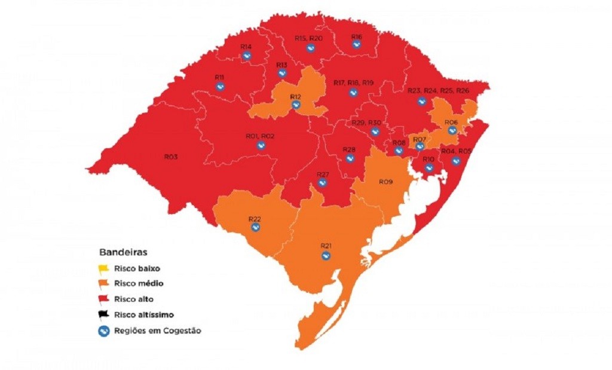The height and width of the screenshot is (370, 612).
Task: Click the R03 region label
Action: coord(170,157)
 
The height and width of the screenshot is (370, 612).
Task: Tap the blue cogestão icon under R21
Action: coord(326,256)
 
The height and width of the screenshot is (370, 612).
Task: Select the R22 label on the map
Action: coord(255,219)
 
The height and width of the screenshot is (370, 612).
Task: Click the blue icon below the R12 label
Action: coord(295,105)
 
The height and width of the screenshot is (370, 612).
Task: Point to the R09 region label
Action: coord(385,181)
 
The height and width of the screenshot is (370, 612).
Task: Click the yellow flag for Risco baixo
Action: coord(103,269)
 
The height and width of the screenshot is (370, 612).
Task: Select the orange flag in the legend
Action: coord(103,284)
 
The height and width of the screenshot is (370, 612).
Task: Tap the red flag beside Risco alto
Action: coord(103,299)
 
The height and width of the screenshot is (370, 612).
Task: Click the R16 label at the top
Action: coord(356,36)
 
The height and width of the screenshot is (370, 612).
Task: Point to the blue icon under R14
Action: coord(246,56)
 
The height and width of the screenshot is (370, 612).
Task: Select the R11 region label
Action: coord(219,78)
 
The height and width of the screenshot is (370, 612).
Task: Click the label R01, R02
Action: coord(260,136)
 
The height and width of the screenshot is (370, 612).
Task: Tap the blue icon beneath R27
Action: coord(322,183)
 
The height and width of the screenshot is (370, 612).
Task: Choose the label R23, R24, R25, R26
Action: coord(439,91)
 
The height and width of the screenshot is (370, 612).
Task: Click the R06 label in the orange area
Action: coord(451,123)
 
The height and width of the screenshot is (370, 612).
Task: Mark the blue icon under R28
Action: coord(350,158)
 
